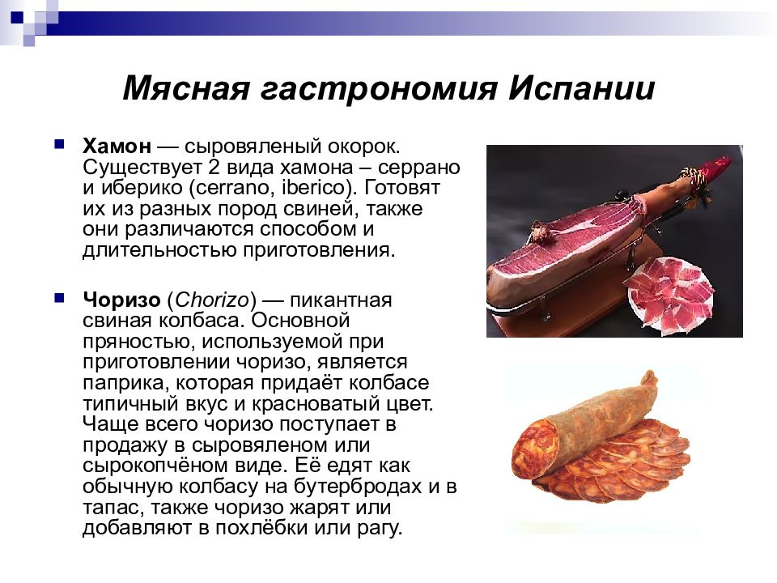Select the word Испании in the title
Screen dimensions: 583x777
[582, 88]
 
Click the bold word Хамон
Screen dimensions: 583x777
[117, 147]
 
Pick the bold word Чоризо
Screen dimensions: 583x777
[120, 300]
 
